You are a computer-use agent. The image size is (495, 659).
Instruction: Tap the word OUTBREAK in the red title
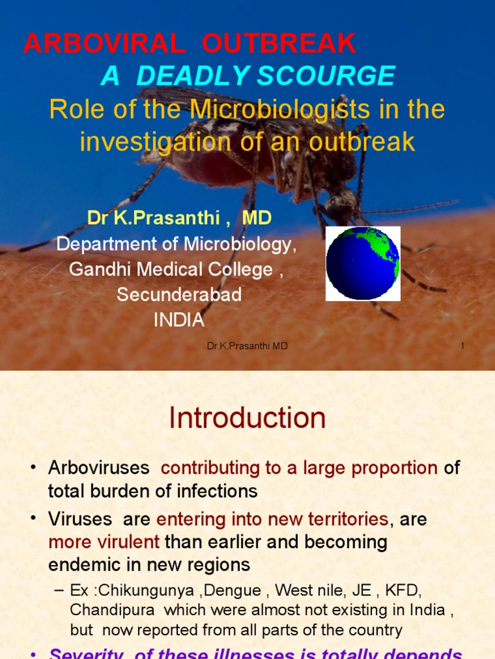[x=278, y=44]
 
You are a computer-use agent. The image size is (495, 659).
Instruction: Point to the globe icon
[x=362, y=263]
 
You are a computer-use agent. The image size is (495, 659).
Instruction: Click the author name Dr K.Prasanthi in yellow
[x=153, y=219]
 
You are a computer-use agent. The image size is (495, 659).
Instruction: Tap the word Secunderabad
[x=179, y=295]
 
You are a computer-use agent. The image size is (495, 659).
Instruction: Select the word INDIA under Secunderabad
[x=179, y=320]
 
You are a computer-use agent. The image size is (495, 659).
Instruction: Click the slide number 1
[x=462, y=346]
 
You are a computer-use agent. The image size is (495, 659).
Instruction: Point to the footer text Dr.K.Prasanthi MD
[x=247, y=346]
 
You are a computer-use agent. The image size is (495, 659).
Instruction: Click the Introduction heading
[x=247, y=418]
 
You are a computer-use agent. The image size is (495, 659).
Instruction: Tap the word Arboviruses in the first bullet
[x=99, y=468]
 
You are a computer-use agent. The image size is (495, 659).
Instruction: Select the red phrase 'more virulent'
[x=104, y=542]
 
